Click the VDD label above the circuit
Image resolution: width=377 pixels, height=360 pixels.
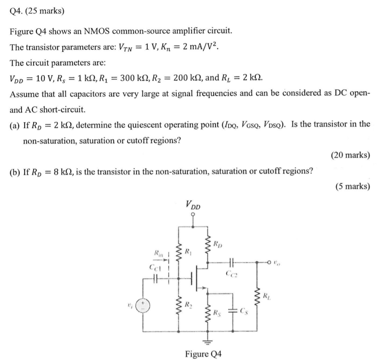(x=193, y=205)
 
